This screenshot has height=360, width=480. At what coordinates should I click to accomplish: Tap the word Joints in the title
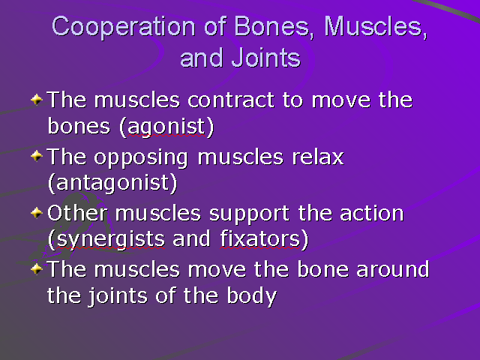pos(265,58)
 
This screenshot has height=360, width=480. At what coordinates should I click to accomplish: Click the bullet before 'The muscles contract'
pos(37,100)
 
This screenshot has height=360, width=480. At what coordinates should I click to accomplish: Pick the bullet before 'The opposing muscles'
pos(37,157)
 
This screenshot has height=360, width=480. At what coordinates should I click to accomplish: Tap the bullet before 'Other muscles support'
pos(37,213)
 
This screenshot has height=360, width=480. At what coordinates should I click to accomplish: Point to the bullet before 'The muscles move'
pos(37,268)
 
